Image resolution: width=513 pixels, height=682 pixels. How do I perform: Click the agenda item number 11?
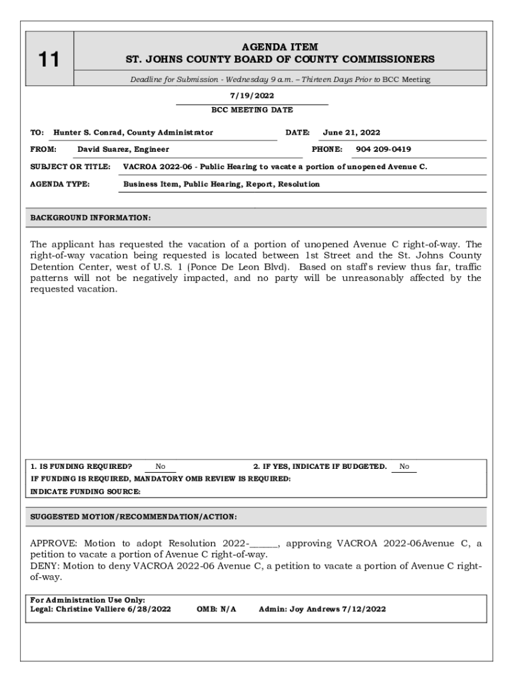(48, 60)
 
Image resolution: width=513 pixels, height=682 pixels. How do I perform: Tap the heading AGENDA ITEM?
(280, 47)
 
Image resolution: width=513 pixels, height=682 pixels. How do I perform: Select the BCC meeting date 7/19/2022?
(252, 96)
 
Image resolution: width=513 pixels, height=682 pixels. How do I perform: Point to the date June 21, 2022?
(351, 133)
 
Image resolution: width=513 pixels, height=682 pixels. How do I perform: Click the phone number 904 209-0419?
(383, 149)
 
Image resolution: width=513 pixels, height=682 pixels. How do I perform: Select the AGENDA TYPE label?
(61, 184)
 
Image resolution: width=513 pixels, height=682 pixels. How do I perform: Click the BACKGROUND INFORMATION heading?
(91, 218)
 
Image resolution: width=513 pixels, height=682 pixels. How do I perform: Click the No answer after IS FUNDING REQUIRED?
(160, 467)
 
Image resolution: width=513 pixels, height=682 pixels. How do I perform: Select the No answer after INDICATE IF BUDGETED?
(404, 467)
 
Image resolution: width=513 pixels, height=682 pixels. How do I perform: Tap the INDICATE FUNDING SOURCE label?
(86, 492)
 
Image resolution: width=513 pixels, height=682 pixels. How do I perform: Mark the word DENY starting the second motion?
(44, 566)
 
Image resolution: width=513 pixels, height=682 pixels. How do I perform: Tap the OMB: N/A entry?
(217, 609)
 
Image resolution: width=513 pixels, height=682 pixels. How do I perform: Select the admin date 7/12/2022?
(363, 609)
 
